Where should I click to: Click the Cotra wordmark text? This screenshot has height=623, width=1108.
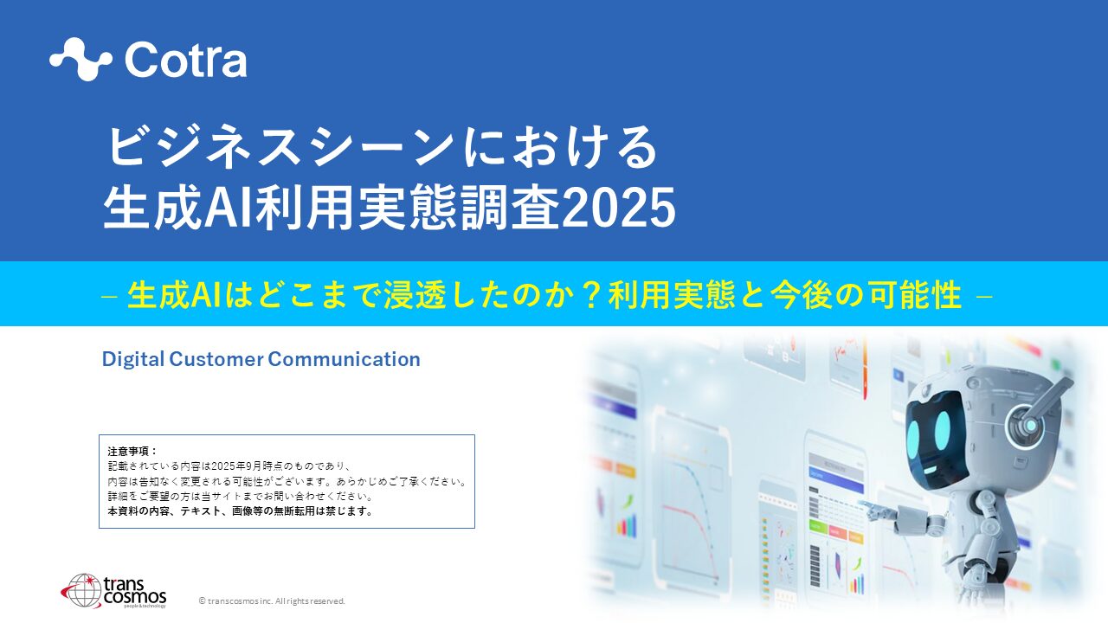pos(185,60)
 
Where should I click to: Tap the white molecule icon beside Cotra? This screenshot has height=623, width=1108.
pos(81,60)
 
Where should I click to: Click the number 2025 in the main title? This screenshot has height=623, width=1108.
pos(619,209)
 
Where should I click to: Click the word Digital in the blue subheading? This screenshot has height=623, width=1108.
pos(132,359)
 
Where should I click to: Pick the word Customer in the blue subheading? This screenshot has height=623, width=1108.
pos(216,359)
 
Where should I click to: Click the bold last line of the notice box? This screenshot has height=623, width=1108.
pos(241,511)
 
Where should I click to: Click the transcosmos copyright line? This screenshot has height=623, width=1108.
pos(272,601)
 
